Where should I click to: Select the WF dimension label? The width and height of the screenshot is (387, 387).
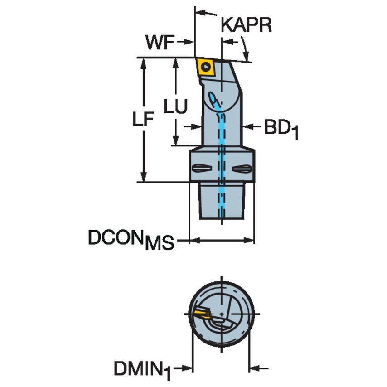(x=160, y=43)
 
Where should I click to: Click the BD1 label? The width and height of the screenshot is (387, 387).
(x=281, y=129)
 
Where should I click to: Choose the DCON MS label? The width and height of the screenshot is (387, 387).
(x=131, y=240)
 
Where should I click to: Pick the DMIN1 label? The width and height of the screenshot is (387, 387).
(x=142, y=368)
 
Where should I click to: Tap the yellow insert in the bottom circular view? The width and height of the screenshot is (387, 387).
(x=201, y=314)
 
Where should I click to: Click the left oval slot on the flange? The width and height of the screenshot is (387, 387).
(x=201, y=169)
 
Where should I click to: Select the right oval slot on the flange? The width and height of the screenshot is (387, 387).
(x=242, y=169)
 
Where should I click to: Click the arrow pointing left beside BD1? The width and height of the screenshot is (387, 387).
(x=248, y=127)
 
